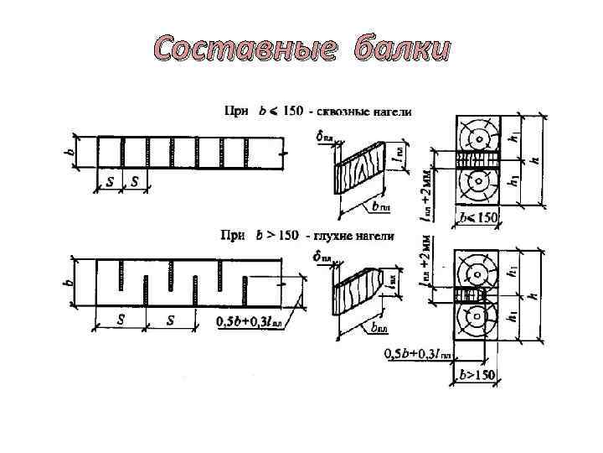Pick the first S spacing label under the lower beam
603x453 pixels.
(x=121, y=320)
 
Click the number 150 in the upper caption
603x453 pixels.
(x=289, y=112)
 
